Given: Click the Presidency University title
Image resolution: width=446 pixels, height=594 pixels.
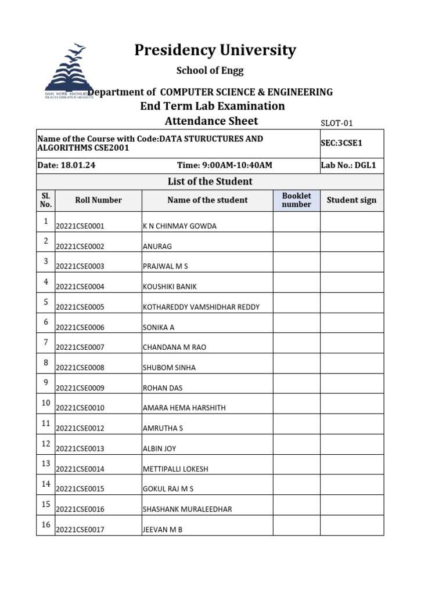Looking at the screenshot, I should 215,50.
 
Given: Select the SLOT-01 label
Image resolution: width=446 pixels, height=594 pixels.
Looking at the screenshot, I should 337,123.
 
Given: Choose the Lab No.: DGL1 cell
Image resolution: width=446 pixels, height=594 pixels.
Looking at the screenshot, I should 348,165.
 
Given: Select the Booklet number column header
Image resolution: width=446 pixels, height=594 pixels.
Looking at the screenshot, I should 296,200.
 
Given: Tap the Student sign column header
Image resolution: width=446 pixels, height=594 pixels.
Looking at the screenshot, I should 351,200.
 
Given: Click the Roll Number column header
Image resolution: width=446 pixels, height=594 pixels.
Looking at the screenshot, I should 98,200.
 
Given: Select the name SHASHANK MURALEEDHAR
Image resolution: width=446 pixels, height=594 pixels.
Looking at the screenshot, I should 187,509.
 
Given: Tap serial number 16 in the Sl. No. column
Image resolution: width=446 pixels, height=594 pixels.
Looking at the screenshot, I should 46,524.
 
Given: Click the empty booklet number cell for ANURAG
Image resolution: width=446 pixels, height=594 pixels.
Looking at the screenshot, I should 296,242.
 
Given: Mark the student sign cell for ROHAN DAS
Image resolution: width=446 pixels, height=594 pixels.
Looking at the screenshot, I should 351,383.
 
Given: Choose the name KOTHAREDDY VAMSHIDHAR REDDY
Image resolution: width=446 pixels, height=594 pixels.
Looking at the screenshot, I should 201,307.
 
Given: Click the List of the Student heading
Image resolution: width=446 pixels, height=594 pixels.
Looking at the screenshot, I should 210,182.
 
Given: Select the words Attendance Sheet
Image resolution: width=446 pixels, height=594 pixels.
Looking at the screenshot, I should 211,121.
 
